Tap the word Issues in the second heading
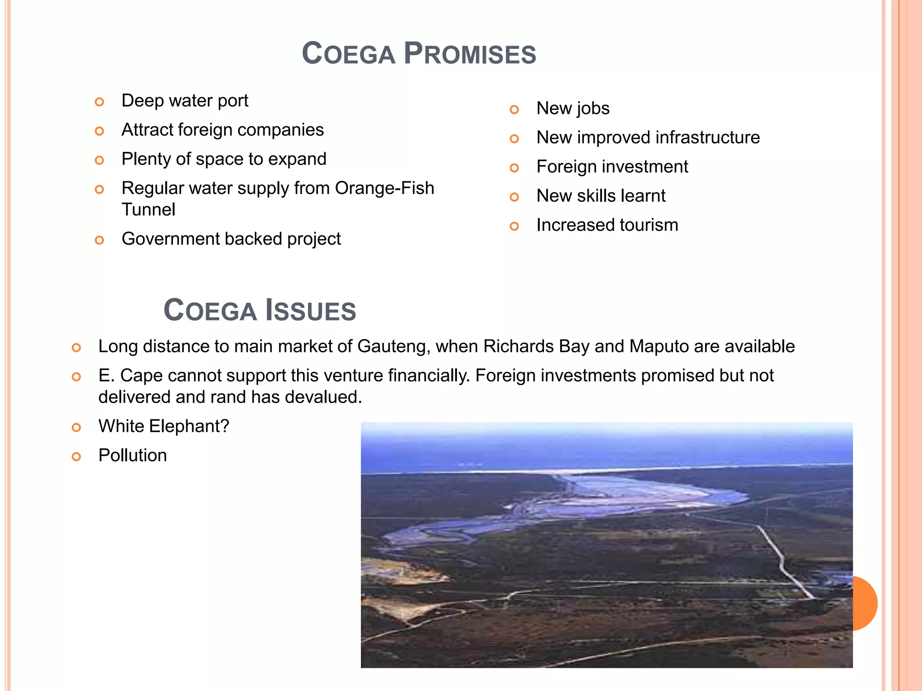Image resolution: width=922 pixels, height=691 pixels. coord(310,310)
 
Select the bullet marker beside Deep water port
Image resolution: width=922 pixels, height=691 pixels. coord(99,102)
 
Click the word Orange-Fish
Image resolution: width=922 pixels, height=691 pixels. coord(384,188)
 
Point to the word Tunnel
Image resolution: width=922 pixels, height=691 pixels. coord(148,210)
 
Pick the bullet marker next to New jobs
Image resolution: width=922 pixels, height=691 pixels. coord(514,110)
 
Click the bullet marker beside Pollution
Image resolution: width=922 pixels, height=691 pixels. coord(77,457)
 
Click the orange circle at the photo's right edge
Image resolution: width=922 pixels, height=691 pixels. coord(866,603)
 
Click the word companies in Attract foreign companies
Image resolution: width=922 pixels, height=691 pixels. coord(280,130)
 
